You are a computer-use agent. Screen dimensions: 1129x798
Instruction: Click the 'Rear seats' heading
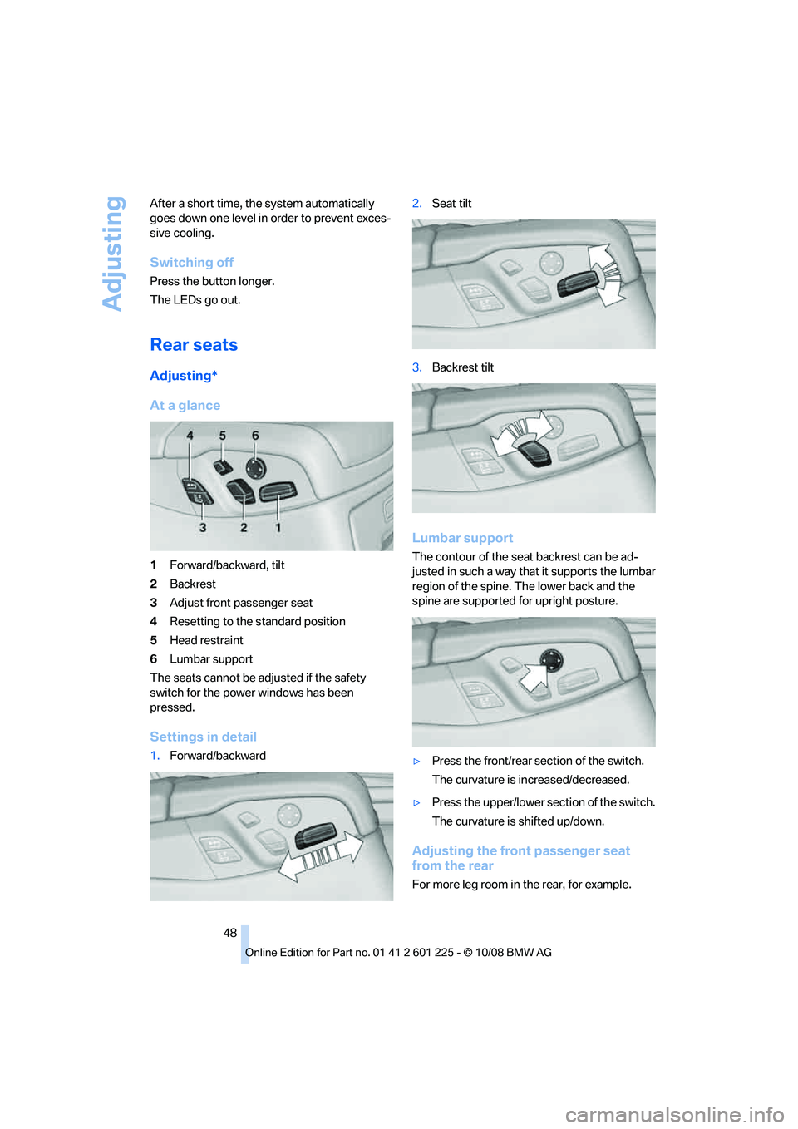194,345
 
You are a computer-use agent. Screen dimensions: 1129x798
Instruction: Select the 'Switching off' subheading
191,263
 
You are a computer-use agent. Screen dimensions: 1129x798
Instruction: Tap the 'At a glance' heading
185,406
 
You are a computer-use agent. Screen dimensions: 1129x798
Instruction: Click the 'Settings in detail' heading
203,737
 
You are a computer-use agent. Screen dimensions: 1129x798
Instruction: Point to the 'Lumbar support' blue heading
462,538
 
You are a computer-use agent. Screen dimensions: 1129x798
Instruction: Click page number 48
230,933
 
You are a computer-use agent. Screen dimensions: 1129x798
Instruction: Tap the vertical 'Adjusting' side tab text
113,254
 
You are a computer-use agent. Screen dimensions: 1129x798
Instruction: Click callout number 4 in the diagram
190,436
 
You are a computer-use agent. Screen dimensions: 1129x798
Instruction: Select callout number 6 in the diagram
255,436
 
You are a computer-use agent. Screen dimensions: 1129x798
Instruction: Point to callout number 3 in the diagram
203,527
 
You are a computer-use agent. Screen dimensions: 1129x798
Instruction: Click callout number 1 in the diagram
278,527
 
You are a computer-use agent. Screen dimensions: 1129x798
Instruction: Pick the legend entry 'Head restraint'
206,640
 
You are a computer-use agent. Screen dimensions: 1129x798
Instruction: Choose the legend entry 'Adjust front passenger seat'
241,603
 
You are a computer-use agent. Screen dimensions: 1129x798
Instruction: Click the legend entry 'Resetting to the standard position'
258,622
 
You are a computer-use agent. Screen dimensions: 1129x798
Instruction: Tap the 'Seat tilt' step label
451,204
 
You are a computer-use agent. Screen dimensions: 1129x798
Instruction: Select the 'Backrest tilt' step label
462,367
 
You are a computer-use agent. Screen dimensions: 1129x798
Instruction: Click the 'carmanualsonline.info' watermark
674,1114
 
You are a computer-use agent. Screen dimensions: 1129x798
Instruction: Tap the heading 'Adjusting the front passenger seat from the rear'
520,858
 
